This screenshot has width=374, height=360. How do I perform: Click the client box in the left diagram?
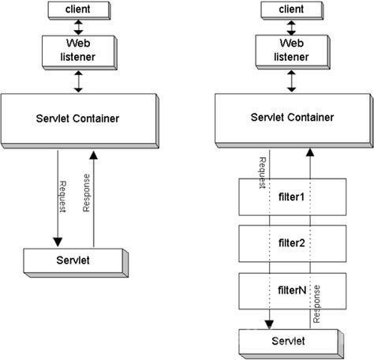pyautogui.click(x=79, y=10)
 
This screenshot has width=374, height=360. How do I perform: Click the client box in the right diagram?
pyautogui.click(x=292, y=10)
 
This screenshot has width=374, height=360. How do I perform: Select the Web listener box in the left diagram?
pyautogui.click(x=80, y=53)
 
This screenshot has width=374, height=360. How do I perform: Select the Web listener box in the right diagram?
pyautogui.click(x=293, y=52)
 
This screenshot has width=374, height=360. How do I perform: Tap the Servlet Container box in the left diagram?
pyautogui.click(x=80, y=121)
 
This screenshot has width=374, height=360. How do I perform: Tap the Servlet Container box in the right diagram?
pyautogui.click(x=294, y=121)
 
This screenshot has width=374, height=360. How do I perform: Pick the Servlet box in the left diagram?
pyautogui.click(x=76, y=263)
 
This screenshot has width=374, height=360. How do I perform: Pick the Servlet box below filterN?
pyautogui.click(x=291, y=343)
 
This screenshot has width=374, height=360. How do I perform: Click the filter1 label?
pyautogui.click(x=291, y=197)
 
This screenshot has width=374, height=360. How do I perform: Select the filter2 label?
pyautogui.click(x=292, y=243)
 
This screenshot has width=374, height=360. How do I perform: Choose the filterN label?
pyautogui.click(x=292, y=291)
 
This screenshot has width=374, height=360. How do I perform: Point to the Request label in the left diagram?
pyautogui.click(x=63, y=197)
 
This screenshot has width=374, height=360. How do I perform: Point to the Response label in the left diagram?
pyautogui.click(x=86, y=193)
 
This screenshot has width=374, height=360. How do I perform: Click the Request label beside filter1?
pyautogui.click(x=263, y=173)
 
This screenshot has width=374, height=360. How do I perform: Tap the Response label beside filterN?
pyautogui.click(x=316, y=304)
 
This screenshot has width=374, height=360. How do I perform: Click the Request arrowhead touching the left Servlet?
pyautogui.click(x=58, y=242)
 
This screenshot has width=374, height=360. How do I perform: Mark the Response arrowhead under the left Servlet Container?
pyautogui.click(x=93, y=156)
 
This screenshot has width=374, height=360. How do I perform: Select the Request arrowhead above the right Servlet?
pyautogui.click(x=269, y=324)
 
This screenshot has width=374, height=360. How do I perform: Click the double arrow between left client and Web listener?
pyautogui.click(x=78, y=28)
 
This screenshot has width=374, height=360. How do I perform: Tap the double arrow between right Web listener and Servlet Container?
pyautogui.click(x=291, y=81)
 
